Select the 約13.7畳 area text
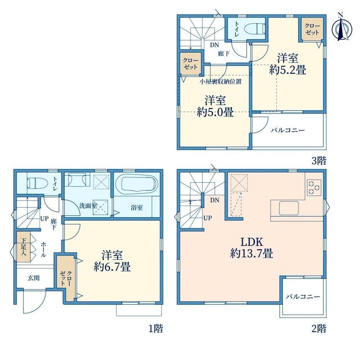(252, 254)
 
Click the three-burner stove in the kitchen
(314, 187)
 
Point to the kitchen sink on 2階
(289, 208)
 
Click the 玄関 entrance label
(34, 278)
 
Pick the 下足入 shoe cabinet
(23, 247)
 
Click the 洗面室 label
(88, 206)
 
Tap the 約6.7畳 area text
(112, 267)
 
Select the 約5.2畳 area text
(288, 70)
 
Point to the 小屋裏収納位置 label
(221, 81)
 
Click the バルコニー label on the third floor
(288, 130)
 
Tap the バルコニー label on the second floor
(303, 297)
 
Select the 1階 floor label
(156, 329)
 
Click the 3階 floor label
(319, 160)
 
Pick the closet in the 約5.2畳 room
(312, 29)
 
